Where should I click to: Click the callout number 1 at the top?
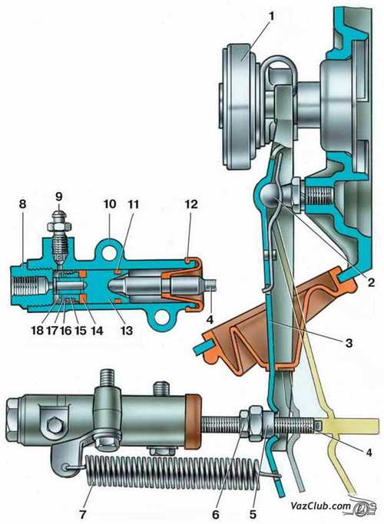pos(272,16)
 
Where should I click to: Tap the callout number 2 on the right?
pos(371,283)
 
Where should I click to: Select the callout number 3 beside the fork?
pos(349,343)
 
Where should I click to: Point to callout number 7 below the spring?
pos(83,515)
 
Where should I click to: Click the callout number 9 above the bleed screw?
pos(58,196)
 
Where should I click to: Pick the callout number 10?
pos(109,204)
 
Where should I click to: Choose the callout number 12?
pos(191,204)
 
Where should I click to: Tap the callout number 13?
pos(127,331)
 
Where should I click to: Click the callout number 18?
pos(37,331)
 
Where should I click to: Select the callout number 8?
pos(22,204)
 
